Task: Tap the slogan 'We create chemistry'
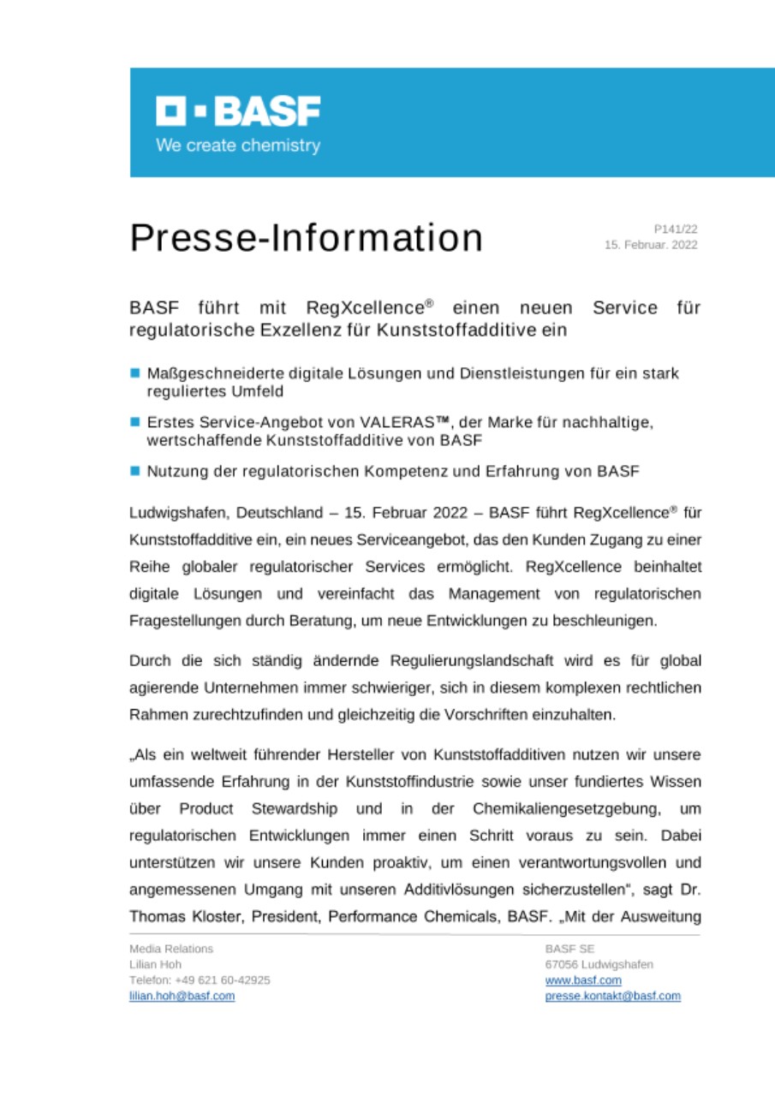click(x=238, y=146)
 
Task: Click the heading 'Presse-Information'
click(x=306, y=238)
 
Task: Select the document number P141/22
click(x=676, y=229)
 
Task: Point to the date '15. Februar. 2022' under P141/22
click(x=651, y=245)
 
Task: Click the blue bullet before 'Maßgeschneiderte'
click(x=135, y=373)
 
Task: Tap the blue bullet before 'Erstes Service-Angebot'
click(x=135, y=422)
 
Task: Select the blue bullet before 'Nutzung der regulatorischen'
click(x=135, y=471)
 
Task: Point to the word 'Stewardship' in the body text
click(x=295, y=809)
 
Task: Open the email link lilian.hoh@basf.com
click(x=182, y=996)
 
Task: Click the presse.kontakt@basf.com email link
click(x=612, y=996)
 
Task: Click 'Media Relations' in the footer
click(x=171, y=949)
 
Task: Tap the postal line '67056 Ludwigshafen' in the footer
click(x=599, y=964)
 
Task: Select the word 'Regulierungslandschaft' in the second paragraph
click(x=462, y=660)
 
